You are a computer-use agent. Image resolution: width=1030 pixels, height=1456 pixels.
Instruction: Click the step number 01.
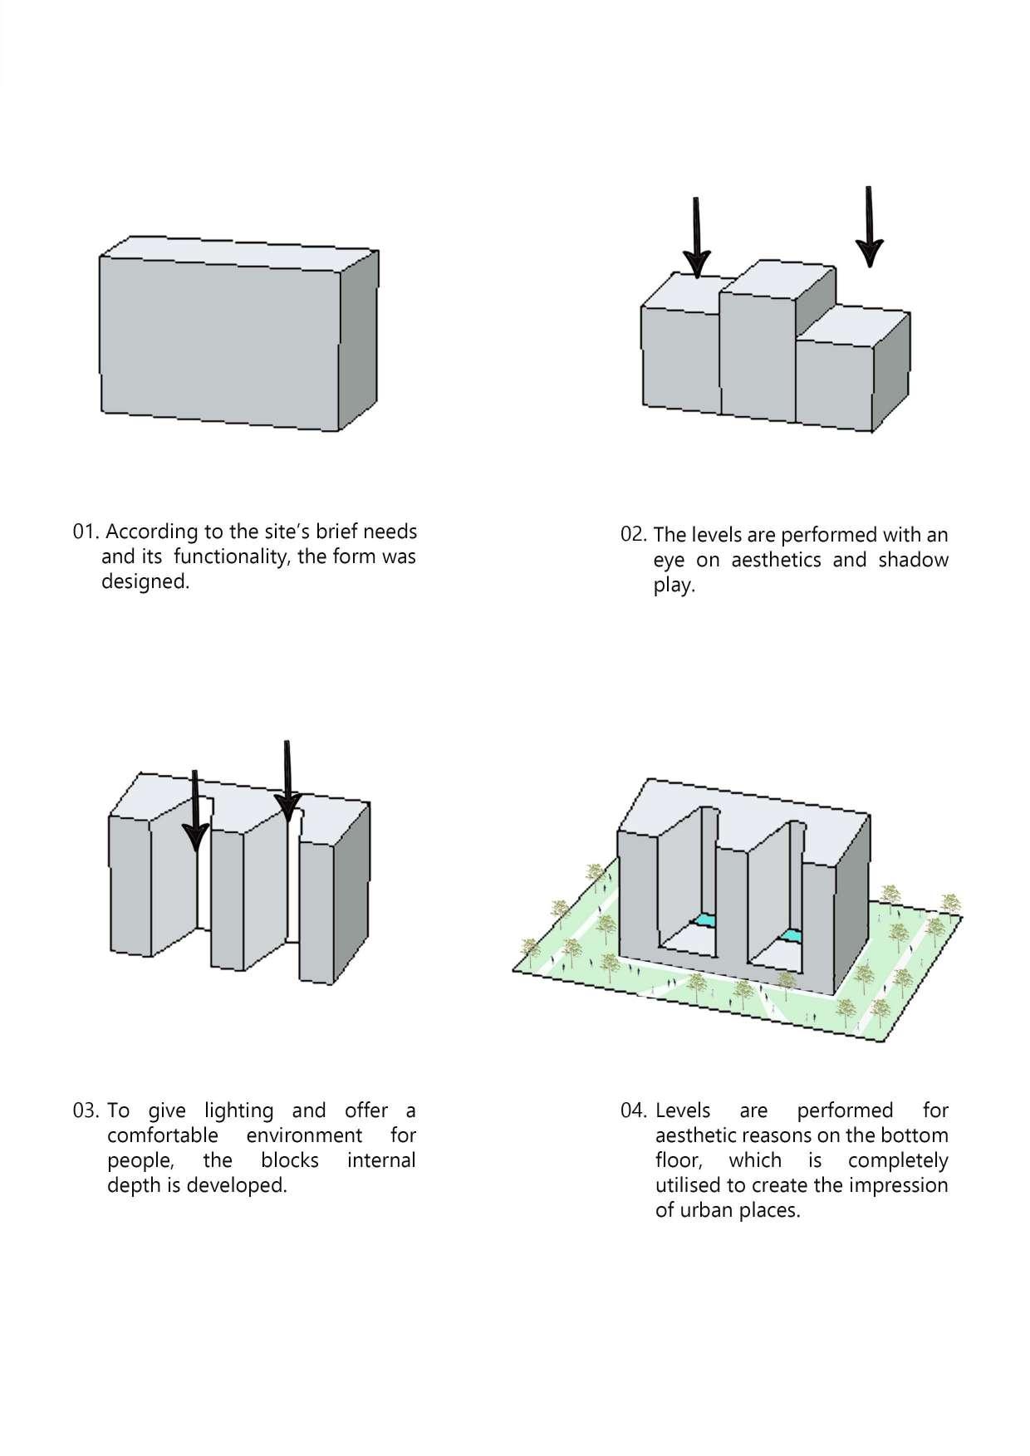tap(86, 532)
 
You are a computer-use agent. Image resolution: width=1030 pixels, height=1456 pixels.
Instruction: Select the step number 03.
tap(86, 1110)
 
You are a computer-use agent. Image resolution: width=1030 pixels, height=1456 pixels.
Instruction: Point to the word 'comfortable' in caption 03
tap(162, 1135)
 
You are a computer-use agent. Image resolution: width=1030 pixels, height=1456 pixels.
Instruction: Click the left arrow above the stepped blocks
tap(697, 238)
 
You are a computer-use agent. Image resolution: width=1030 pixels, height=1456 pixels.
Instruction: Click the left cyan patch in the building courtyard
tap(705, 921)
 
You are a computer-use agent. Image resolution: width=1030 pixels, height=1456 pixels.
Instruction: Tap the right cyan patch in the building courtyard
tap(792, 936)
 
